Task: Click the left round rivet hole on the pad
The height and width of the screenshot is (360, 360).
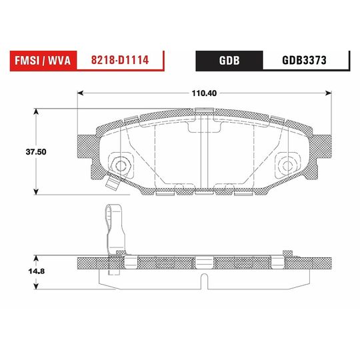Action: pyautogui.click(x=121, y=164)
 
